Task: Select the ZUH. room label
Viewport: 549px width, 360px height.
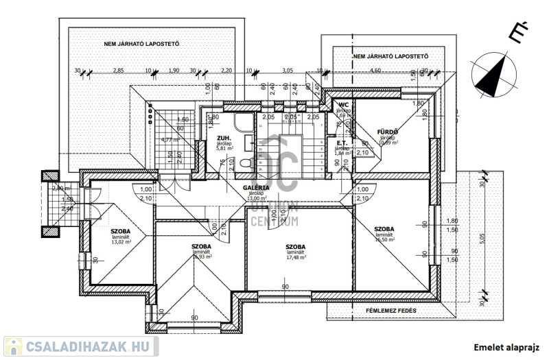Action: pyautogui.click(x=203, y=137)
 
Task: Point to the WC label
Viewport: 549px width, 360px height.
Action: pyautogui.click(x=344, y=104)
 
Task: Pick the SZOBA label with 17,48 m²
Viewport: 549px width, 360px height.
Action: pyautogui.click(x=296, y=246)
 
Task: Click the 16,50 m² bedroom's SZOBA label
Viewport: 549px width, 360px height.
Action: pyautogui.click(x=384, y=228)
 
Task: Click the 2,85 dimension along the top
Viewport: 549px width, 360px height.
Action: pyautogui.click(x=119, y=71)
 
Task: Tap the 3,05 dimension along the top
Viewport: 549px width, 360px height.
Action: pyautogui.click(x=287, y=71)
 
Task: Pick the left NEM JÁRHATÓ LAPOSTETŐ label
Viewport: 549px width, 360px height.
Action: pyautogui.click(x=141, y=44)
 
